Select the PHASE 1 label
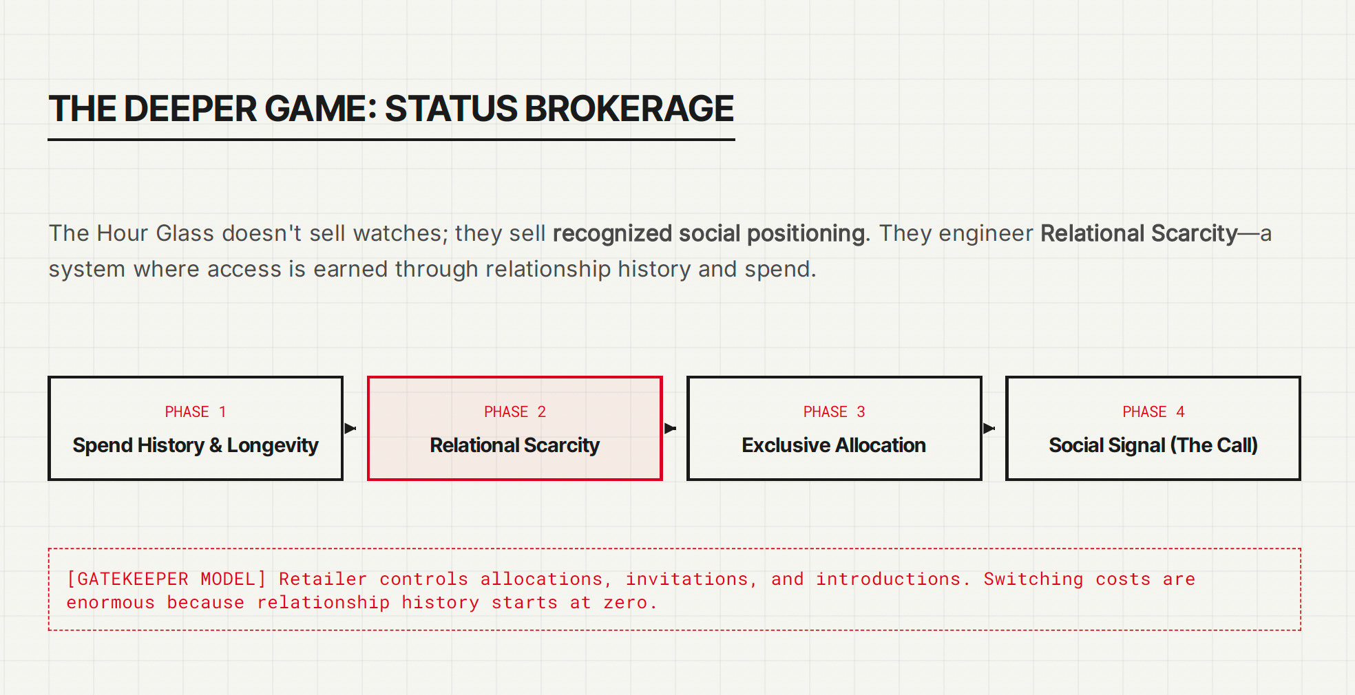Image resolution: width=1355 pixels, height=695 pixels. point(196,411)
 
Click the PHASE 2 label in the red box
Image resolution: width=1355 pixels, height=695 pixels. point(515,411)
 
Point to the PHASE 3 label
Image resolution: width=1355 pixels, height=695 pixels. point(834,411)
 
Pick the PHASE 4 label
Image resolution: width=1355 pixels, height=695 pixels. point(1153,411)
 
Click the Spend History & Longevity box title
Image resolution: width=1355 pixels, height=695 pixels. point(196,445)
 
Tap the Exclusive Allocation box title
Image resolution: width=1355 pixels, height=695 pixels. point(834,445)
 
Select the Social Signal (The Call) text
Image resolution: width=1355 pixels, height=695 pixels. point(1153,445)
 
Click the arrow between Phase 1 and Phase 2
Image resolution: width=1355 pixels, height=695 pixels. point(350,429)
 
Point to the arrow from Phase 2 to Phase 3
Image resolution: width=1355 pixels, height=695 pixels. point(670,429)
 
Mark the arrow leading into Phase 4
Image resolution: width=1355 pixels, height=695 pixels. point(989,429)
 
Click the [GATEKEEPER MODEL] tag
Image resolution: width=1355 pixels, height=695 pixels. point(166,579)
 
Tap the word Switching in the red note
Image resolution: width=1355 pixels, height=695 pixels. point(1033,579)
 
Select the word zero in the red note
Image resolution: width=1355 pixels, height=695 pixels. point(625,603)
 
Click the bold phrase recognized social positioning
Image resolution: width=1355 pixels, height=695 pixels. point(709,234)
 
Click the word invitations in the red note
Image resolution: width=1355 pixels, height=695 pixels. point(686,579)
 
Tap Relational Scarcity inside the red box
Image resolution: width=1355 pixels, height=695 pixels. point(515,445)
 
